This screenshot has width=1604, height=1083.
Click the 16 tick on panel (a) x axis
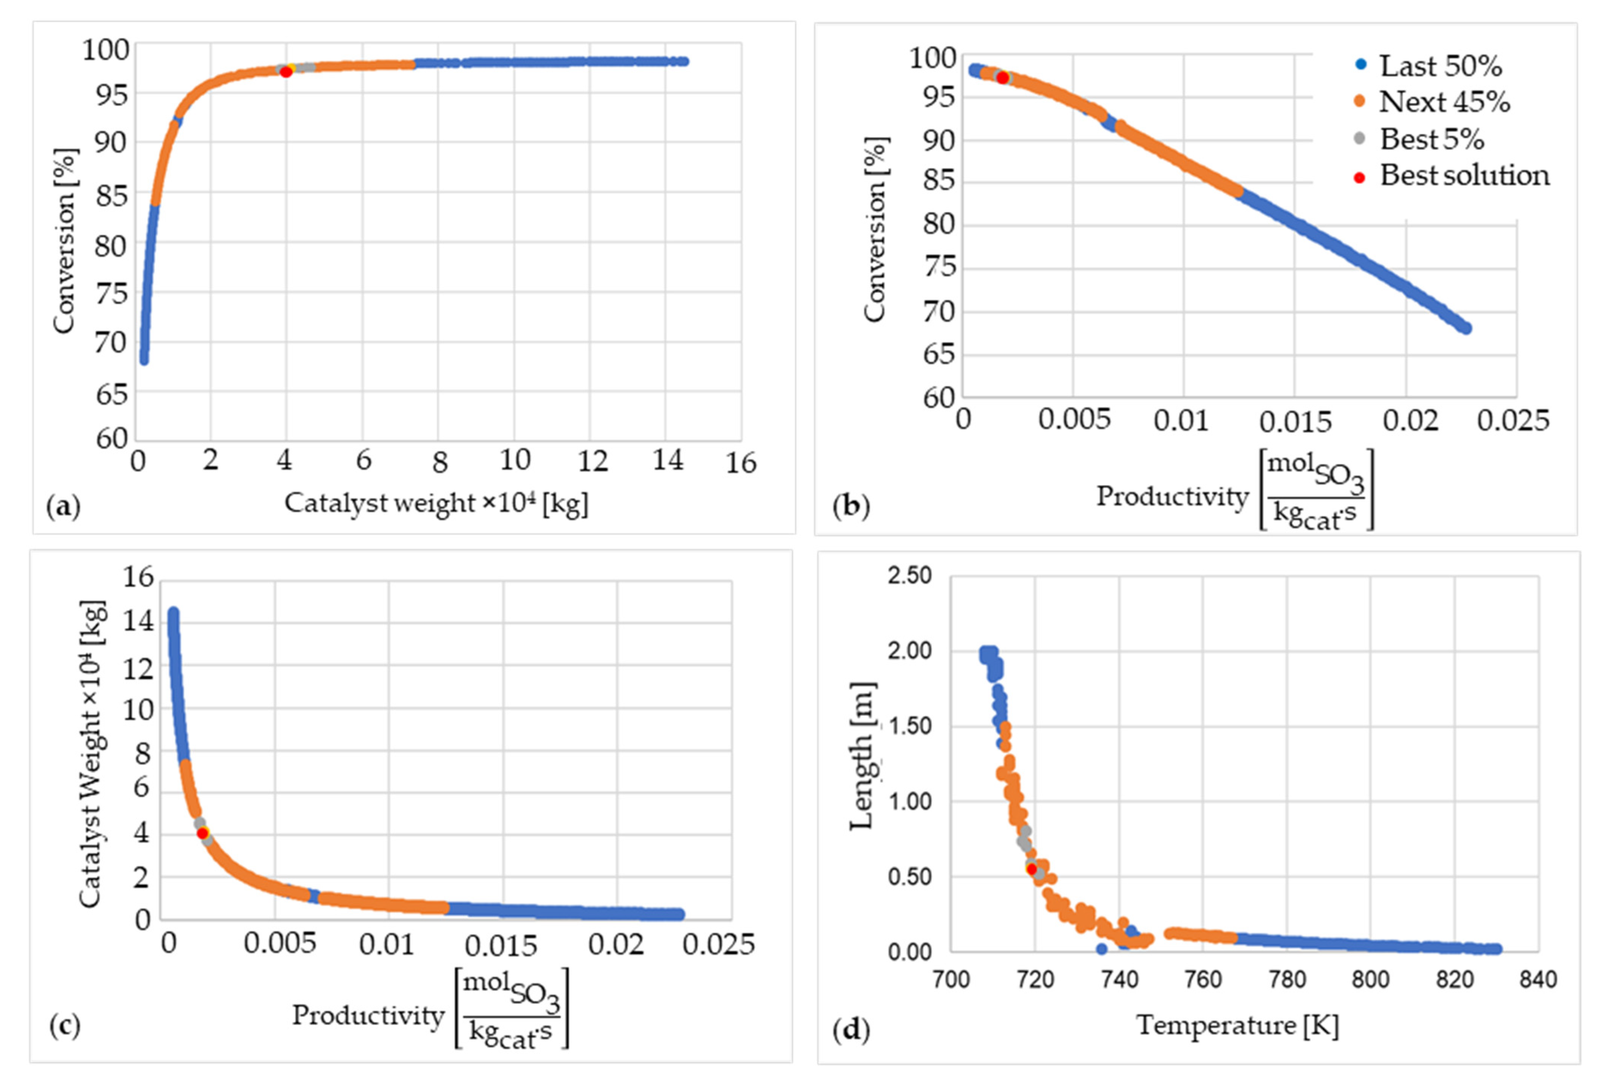(x=741, y=463)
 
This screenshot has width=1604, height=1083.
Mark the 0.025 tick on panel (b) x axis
(x=1513, y=420)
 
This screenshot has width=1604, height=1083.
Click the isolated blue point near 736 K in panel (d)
(x=1101, y=949)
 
